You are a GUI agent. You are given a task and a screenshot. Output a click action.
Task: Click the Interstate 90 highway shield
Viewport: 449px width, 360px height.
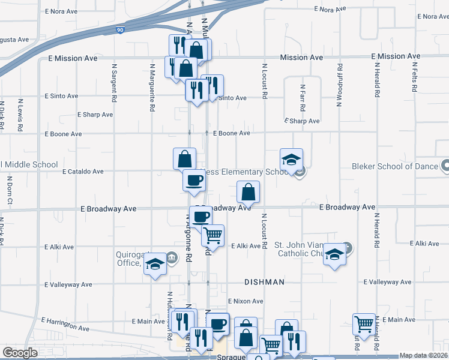(x=121, y=29)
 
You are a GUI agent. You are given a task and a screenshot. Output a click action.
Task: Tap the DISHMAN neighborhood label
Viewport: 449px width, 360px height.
(x=264, y=281)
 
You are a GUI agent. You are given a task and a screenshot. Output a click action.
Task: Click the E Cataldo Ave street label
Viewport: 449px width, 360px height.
(x=83, y=172)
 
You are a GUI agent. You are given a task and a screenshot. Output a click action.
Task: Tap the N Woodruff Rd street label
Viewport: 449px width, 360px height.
(x=339, y=85)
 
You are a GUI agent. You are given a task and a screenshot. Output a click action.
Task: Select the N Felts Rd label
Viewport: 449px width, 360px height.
(x=415, y=76)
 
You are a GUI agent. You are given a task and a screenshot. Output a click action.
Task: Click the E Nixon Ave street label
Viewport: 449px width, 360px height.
(x=245, y=301)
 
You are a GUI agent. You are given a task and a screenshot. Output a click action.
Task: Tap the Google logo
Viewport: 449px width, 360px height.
(x=20, y=353)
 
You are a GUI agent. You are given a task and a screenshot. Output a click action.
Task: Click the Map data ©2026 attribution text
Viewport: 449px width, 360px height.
(x=423, y=355)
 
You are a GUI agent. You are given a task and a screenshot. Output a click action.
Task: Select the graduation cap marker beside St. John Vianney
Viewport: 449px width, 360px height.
(x=335, y=254)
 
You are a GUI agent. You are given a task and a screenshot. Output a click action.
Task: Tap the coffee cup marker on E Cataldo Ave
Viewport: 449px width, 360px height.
(x=194, y=180)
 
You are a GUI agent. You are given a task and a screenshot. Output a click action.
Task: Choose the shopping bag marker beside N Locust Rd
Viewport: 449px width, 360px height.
(x=248, y=193)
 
